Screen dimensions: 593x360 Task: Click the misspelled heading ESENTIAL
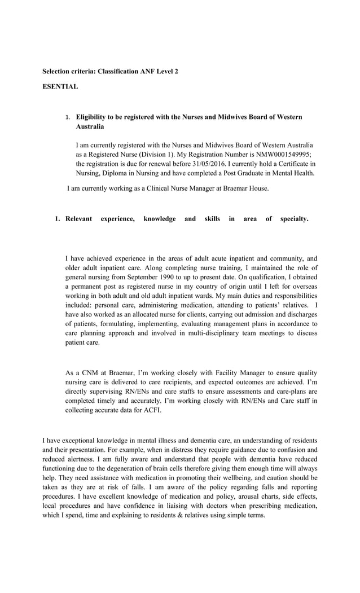pyautogui.click(x=60, y=87)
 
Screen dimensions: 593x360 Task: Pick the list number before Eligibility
pyautogui.click(x=67, y=117)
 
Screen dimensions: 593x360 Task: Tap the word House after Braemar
pyautogui.click(x=258, y=188)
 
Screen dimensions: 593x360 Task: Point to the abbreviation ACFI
pyautogui.click(x=152, y=410)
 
